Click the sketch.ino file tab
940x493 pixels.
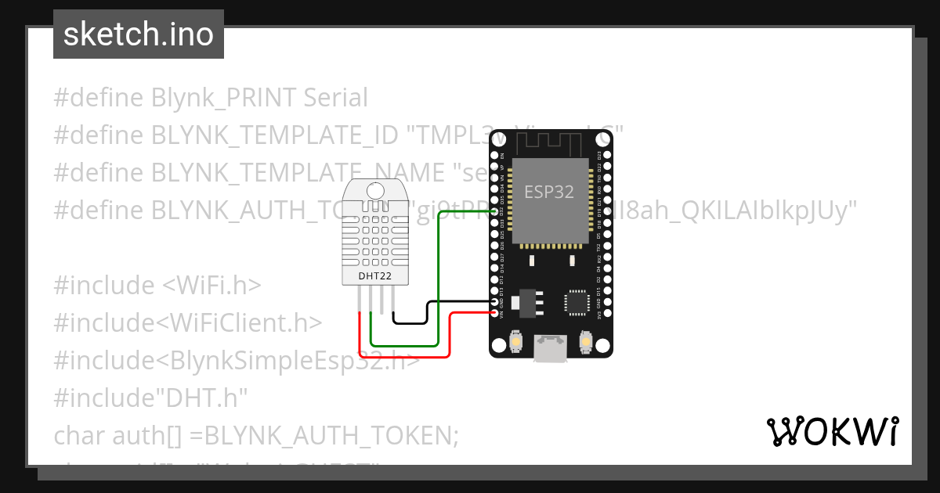point(139,34)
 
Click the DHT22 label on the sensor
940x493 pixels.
point(374,275)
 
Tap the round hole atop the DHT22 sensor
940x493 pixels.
point(374,189)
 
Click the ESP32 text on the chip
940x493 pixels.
point(549,192)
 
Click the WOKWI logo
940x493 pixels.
point(832,431)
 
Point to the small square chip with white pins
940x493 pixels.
point(577,301)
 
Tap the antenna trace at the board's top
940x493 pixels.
point(549,141)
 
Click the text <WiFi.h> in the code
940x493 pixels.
point(211,285)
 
